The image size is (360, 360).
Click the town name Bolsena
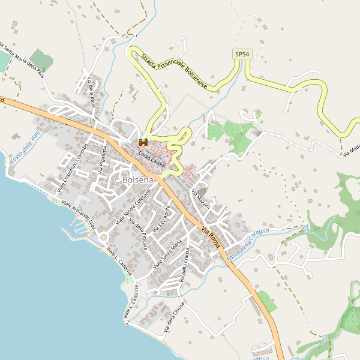coord(138,179)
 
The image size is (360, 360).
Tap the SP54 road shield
coord(241,55)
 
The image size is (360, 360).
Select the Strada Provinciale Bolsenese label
coord(175,73)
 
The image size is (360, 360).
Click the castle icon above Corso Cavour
coord(143,142)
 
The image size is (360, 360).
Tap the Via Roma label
coord(213,236)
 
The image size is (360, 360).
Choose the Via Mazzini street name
coord(200,199)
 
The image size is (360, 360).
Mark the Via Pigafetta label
coord(103,160)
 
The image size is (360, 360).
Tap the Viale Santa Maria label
coord(167,256)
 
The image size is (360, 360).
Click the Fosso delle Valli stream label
coord(26,148)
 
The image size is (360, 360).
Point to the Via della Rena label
coord(92,93)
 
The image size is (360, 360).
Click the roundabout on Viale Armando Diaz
coord(103,237)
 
